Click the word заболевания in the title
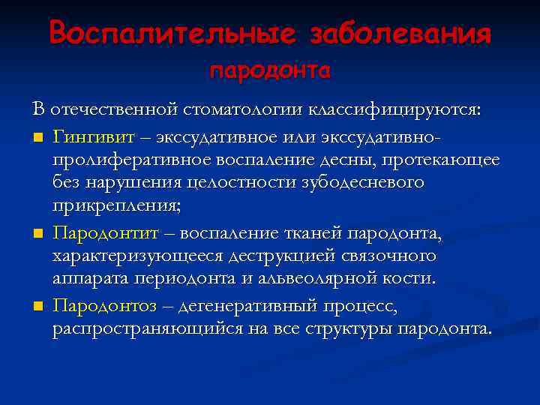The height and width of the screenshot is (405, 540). (x=398, y=32)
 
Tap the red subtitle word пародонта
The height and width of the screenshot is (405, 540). (x=270, y=71)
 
